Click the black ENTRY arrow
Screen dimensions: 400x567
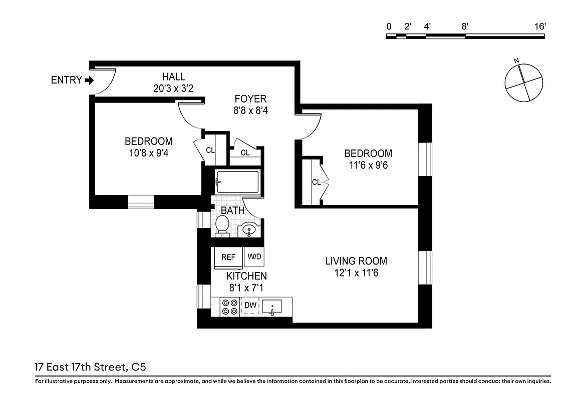click(x=89, y=80)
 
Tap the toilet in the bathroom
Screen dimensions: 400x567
click(x=222, y=225)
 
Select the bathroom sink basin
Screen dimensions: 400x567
click(x=249, y=230)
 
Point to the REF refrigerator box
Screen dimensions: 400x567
click(x=228, y=257)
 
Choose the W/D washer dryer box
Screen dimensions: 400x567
click(x=254, y=257)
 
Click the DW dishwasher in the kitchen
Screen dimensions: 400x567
click(x=250, y=305)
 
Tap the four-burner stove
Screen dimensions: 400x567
click(x=230, y=306)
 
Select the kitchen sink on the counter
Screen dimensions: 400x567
click(x=272, y=306)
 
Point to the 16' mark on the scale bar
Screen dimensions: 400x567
click(x=539, y=26)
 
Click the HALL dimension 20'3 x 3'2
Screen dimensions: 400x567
click(x=173, y=89)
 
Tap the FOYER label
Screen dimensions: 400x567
click(x=250, y=99)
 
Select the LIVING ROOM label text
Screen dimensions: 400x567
click(x=356, y=261)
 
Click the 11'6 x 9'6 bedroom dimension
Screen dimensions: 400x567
click(x=368, y=165)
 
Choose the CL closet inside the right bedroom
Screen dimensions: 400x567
click(x=316, y=182)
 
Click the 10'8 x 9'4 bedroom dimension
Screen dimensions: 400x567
click(x=148, y=153)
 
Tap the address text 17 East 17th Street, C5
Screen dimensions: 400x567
click(x=91, y=367)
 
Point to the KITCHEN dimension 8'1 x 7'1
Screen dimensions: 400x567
click(x=246, y=288)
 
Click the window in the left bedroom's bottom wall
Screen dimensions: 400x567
click(x=141, y=201)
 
